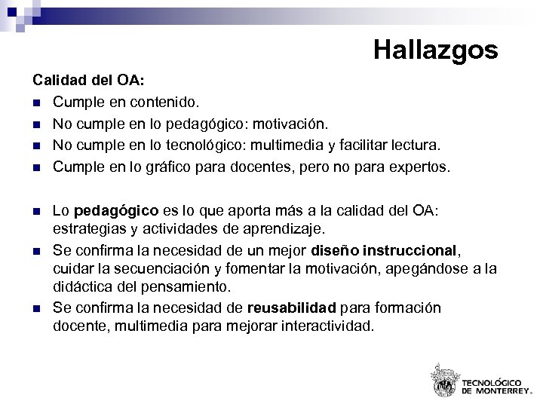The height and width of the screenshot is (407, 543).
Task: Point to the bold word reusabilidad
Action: [292, 308]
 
